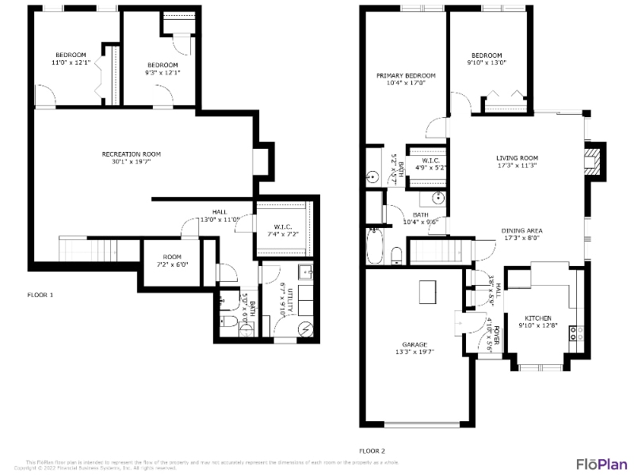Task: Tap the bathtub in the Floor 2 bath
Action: click(375, 245)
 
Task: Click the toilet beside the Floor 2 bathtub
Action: click(395, 255)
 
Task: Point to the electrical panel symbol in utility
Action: click(304, 329)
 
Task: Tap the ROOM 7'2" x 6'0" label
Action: click(172, 260)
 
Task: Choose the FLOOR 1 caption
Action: click(40, 294)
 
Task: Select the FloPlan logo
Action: click(602, 463)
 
